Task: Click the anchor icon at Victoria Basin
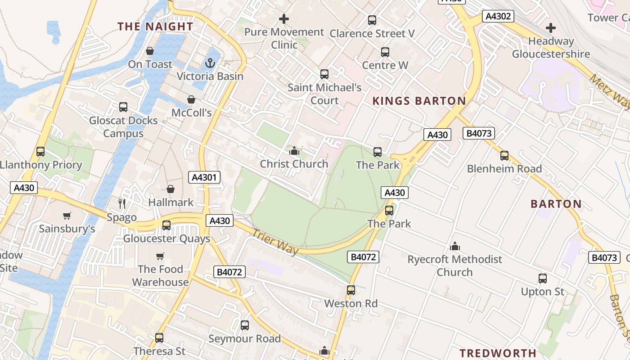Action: pyautogui.click(x=210, y=63)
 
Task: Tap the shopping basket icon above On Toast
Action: pyautogui.click(x=150, y=51)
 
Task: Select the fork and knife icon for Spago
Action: pyautogui.click(x=122, y=204)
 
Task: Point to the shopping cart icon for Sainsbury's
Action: pyautogui.click(x=67, y=216)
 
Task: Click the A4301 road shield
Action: pyautogui.click(x=205, y=177)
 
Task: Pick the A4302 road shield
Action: pyautogui.click(x=498, y=17)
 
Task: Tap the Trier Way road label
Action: pyautogui.click(x=275, y=242)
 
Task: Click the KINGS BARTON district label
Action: pyautogui.click(x=419, y=101)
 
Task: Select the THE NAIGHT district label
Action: pyautogui.click(x=155, y=27)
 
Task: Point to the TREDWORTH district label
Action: pyautogui.click(x=498, y=353)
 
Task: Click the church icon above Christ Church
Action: pyautogui.click(x=294, y=151)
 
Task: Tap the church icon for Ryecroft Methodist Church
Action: pyautogui.click(x=455, y=246)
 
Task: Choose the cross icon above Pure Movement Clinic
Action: pyautogui.click(x=284, y=19)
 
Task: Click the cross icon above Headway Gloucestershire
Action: pyautogui.click(x=551, y=28)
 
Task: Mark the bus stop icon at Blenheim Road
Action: pyautogui.click(x=504, y=156)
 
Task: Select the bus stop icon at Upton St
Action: pyautogui.click(x=543, y=279)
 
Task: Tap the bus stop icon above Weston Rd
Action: pyautogui.click(x=351, y=290)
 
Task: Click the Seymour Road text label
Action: pyautogui.click(x=244, y=338)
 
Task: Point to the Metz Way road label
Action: pyautogui.click(x=610, y=92)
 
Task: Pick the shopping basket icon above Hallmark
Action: pyautogui.click(x=171, y=189)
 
